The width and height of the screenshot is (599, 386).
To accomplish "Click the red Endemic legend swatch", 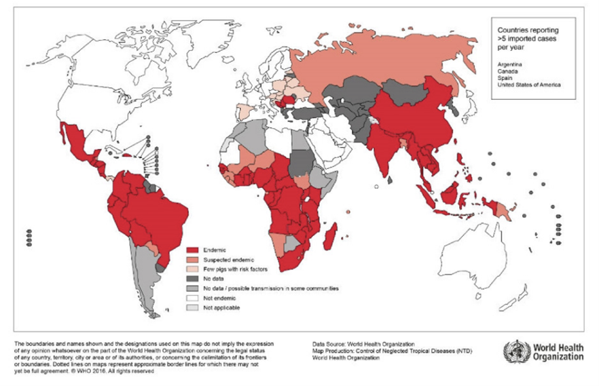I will [x=191, y=250].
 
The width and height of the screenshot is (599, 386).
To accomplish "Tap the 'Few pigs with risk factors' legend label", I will [x=235, y=269].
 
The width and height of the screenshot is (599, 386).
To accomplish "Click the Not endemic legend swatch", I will [x=191, y=298].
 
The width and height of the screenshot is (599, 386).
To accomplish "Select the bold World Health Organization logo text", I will [x=556, y=352].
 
